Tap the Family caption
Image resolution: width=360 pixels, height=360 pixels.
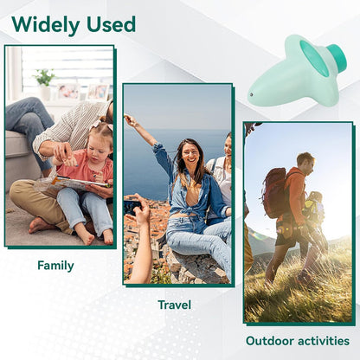tap(55, 266)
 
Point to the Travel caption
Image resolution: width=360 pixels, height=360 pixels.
tap(174, 305)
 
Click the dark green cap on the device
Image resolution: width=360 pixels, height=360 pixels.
tap(337, 58)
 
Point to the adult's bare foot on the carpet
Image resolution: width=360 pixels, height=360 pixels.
tap(39, 225)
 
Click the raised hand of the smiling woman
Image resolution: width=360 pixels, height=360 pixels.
tap(130, 119)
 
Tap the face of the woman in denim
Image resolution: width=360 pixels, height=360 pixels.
tap(190, 156)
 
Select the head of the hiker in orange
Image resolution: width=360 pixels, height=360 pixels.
tap(304, 161)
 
